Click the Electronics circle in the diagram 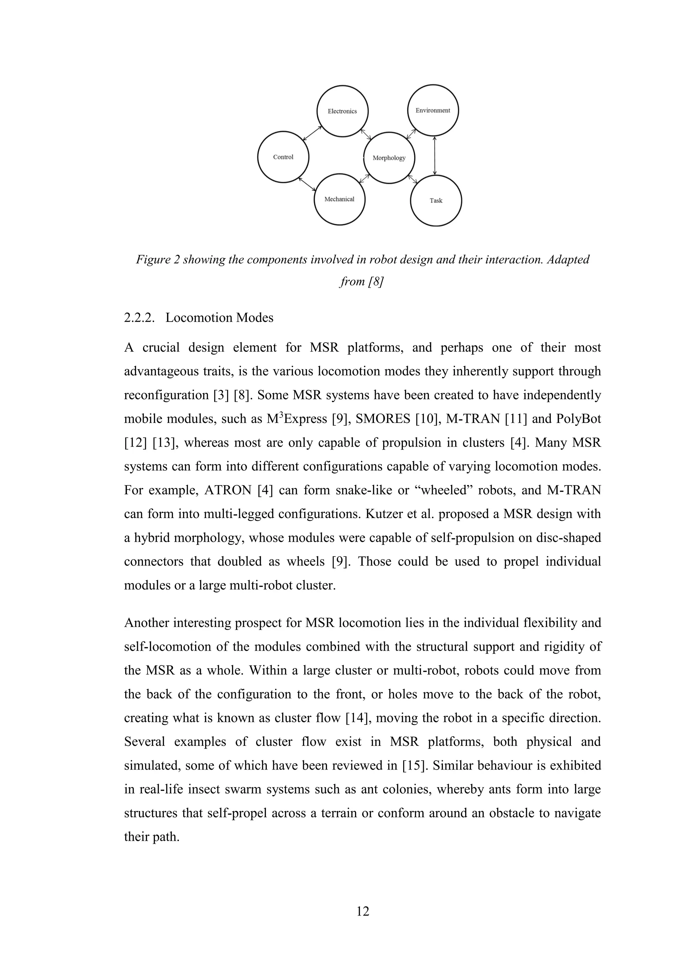coord(342,111)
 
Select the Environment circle coord(433,110)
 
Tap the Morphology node coord(389,158)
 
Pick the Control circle coord(283,157)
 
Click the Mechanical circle coord(339,199)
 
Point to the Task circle coord(436,200)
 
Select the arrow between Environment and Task coord(435,155)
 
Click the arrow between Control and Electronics coord(313,133)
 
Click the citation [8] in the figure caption coord(375,281)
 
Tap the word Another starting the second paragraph coord(146,623)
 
